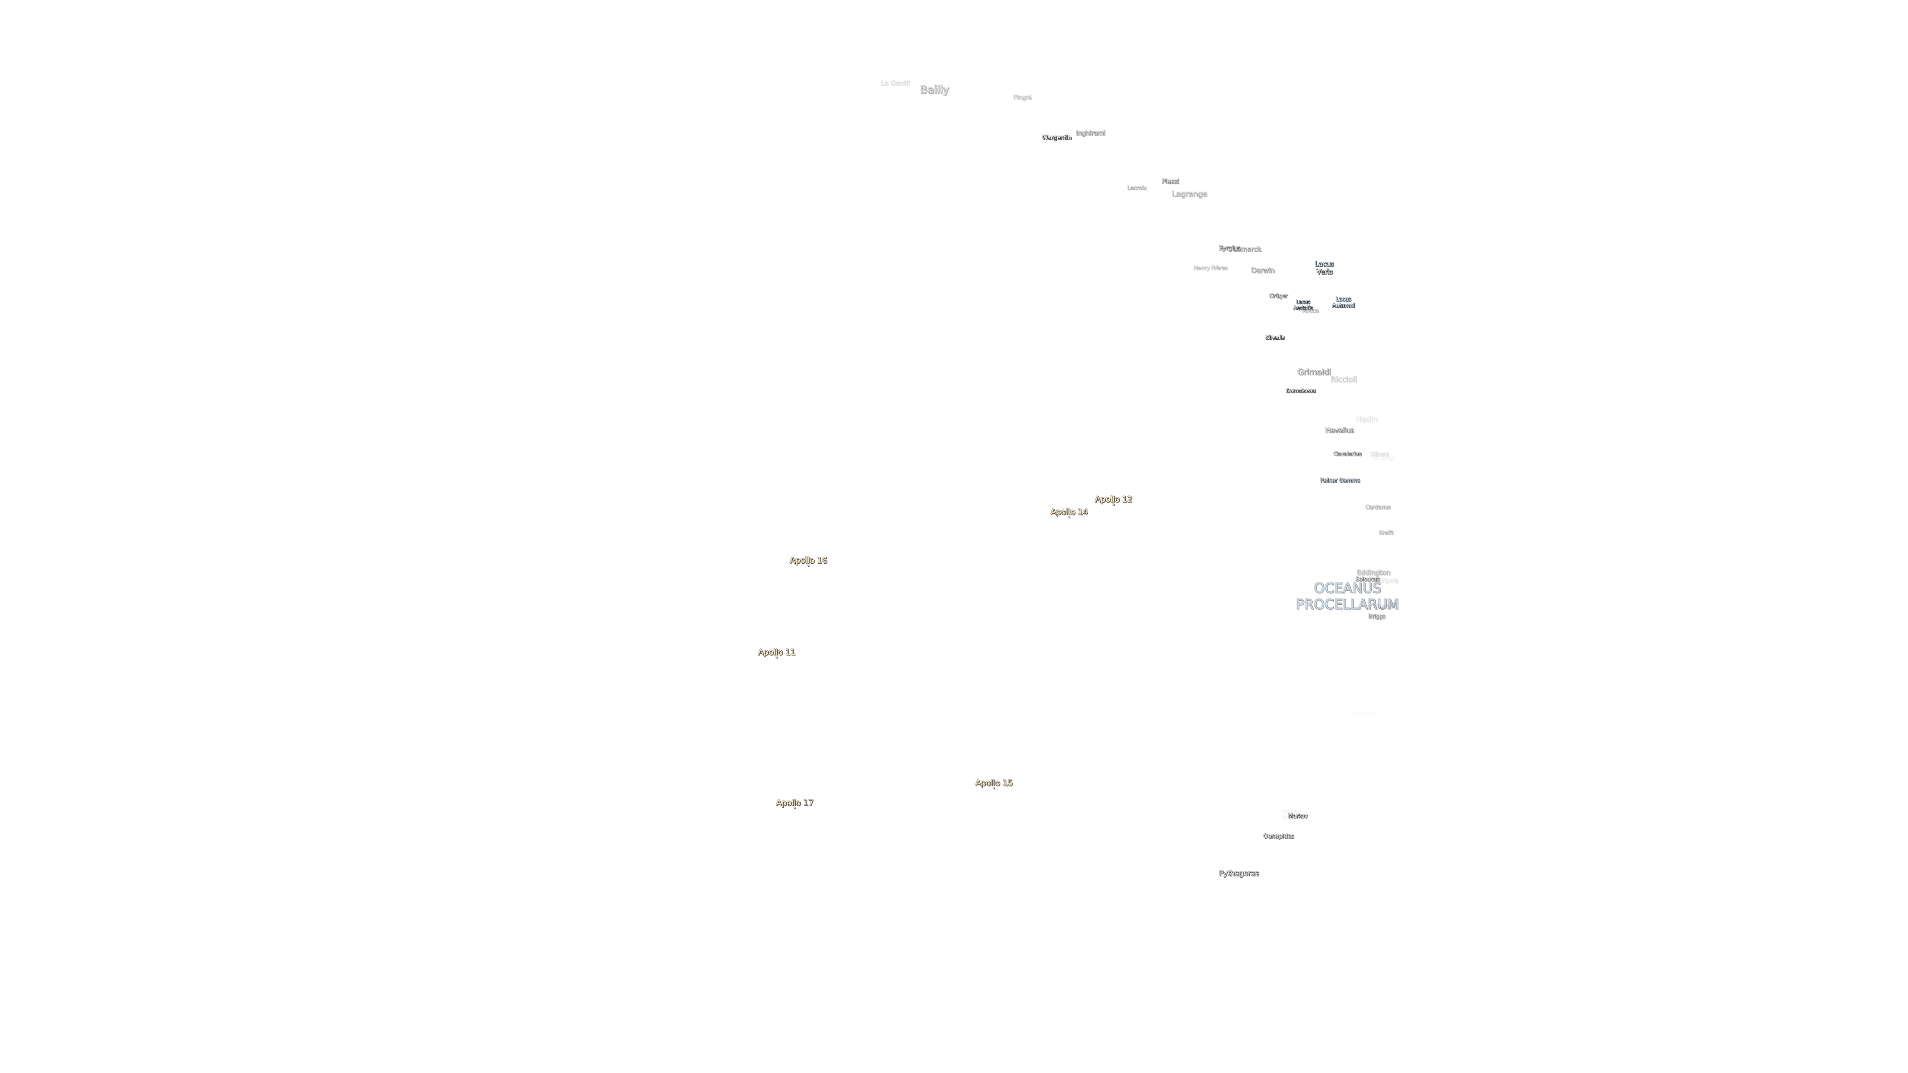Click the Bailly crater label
[934, 90]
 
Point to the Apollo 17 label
[794, 803]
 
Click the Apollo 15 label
[993, 783]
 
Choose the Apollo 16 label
[808, 561]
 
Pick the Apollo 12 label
[1113, 499]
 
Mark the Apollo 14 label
[1069, 512]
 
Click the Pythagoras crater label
[1239, 873]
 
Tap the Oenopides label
[1278, 836]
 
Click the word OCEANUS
[1347, 588]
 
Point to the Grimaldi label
[1314, 372]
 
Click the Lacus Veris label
[1324, 267]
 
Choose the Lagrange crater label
[1189, 194]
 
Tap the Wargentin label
[1056, 138]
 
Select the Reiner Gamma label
[1340, 480]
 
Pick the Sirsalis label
[1275, 338]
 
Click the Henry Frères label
[1210, 268]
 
